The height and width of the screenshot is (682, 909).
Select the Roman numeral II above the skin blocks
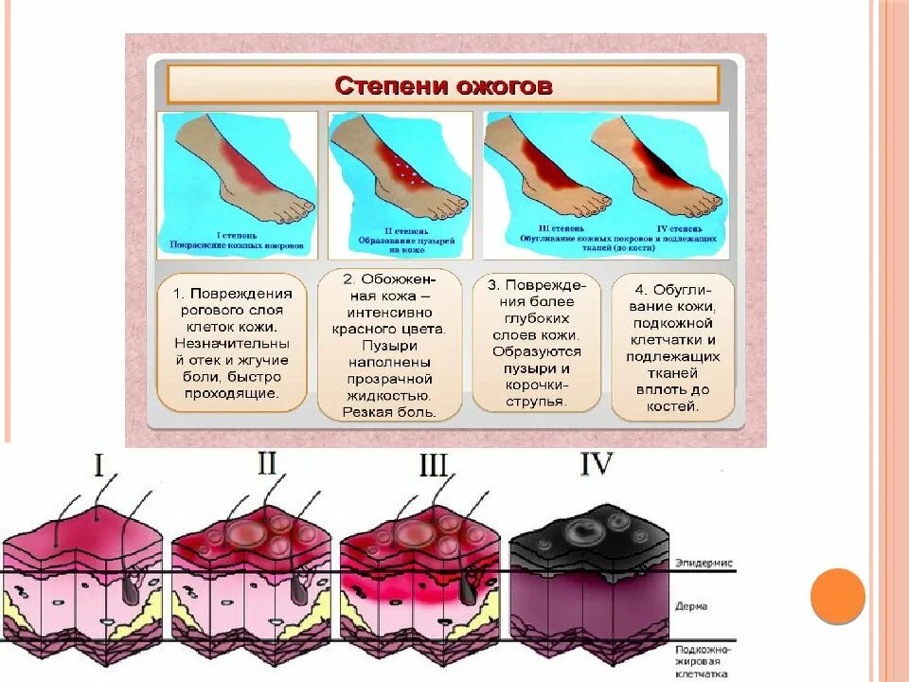pos(267,463)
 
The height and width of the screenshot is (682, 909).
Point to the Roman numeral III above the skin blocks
pos(433,466)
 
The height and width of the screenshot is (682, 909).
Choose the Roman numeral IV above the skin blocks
pos(596,465)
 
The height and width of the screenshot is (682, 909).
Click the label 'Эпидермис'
pos(704,563)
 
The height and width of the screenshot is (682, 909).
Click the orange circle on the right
pos(838,596)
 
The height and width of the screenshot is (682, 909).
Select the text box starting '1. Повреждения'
pos(230,342)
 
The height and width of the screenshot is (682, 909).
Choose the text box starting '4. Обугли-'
pos(673,347)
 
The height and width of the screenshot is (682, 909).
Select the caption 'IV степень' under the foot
pos(677,229)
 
